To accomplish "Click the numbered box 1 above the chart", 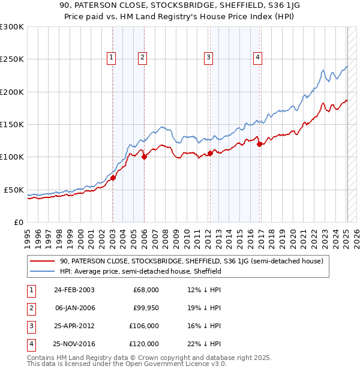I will pos(112,58).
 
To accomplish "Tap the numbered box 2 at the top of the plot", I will pos(142,58).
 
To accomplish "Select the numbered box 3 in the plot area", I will pos(208,58).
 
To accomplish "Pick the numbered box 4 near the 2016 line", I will pos(257,58).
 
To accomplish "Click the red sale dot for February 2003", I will pos(113,178).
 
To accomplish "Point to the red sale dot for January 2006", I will pos(144,157).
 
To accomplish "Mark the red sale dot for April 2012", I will pos(210,153).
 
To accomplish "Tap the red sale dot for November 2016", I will pos(259,144).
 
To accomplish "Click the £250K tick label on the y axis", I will pos(12,59).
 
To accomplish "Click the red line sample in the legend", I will pos(43,261).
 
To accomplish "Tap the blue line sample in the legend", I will pos(43,271).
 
